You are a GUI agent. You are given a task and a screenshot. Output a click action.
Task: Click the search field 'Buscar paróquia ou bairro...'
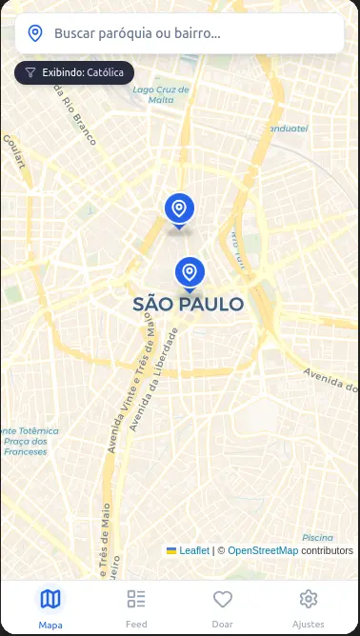(x=190, y=33)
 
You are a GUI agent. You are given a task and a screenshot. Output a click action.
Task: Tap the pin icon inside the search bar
(x=35, y=33)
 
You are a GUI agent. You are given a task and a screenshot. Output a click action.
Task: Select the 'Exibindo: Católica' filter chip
(x=74, y=71)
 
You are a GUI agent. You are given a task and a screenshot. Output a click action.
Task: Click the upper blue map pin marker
(x=178, y=209)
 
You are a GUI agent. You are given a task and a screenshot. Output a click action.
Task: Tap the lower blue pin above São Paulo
(x=190, y=272)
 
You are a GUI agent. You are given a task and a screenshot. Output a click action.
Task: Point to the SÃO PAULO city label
(x=189, y=305)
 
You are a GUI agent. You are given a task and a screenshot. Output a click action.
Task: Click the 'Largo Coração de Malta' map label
(x=161, y=94)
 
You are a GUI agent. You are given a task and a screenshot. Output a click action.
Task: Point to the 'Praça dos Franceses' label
(x=25, y=446)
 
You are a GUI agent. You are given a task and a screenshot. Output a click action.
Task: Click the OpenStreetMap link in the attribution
(x=263, y=550)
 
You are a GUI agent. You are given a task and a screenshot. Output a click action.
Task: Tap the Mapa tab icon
(x=50, y=599)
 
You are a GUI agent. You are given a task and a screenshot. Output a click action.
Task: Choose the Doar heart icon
(x=223, y=599)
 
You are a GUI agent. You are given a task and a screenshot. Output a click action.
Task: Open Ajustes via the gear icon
(x=309, y=599)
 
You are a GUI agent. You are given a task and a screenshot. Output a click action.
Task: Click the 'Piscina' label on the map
(x=318, y=537)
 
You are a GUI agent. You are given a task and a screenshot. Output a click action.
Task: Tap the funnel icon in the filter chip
(x=30, y=71)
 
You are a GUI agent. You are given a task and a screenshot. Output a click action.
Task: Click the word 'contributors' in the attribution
(x=328, y=550)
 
